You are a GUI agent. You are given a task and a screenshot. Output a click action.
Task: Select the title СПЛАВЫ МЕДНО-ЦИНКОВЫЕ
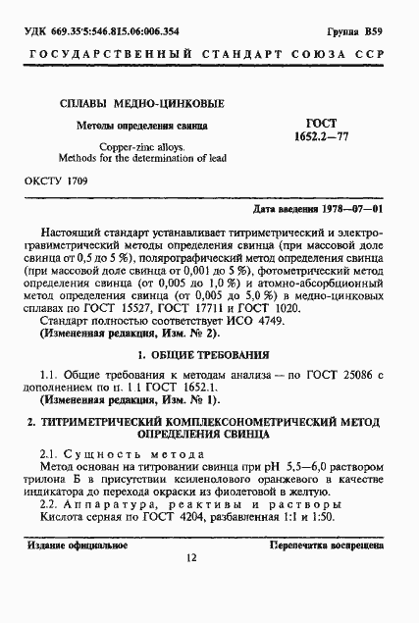[136, 103]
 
